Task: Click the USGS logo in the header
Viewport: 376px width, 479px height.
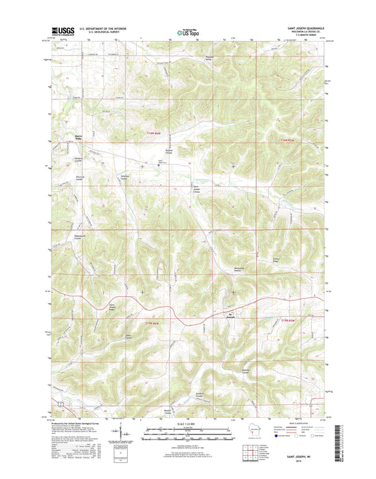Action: (62, 30)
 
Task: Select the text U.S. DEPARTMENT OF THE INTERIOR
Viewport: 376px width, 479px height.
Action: (102, 28)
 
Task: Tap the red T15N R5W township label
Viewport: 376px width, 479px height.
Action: (291, 322)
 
